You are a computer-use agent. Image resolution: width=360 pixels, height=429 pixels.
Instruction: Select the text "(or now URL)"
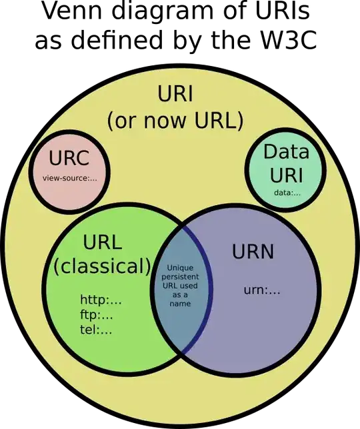[176, 122]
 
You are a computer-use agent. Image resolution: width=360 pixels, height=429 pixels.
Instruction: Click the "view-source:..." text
[69, 178]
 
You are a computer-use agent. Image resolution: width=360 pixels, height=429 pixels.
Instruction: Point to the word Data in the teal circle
[287, 152]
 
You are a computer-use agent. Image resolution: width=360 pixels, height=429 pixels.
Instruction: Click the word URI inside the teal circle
[287, 176]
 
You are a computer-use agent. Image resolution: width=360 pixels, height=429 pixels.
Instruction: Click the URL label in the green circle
[103, 242]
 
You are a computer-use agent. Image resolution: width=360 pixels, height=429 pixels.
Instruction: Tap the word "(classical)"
[103, 266]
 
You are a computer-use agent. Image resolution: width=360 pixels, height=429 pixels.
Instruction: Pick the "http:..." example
[101, 300]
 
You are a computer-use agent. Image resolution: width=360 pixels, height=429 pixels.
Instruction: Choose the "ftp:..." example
[97, 314]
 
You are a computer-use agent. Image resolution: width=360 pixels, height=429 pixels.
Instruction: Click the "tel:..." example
[96, 329]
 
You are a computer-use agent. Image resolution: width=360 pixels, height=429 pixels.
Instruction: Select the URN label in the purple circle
[253, 252]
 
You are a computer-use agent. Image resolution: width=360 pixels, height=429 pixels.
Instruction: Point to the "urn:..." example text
[261, 290]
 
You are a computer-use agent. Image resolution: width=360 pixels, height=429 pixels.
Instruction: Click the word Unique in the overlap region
[180, 267]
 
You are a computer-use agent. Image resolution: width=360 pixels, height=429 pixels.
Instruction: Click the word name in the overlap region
[180, 304]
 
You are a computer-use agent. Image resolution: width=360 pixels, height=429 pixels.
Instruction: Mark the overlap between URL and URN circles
[180, 320]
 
